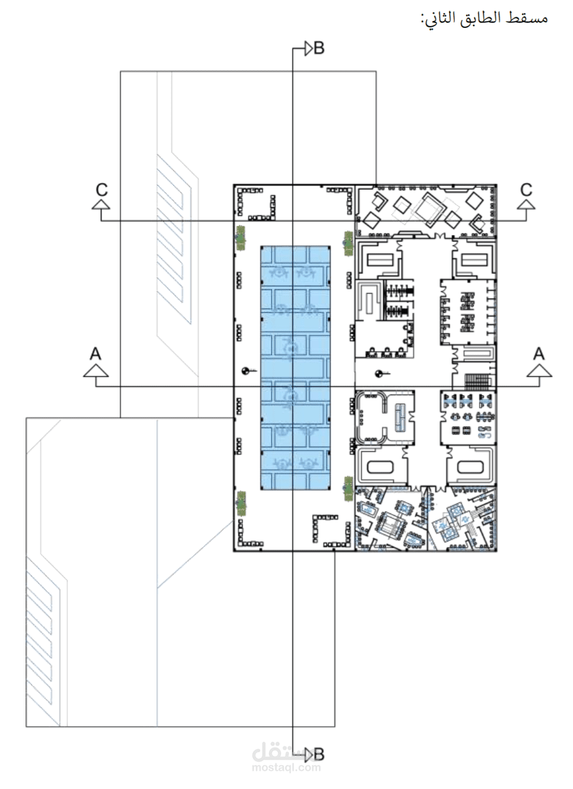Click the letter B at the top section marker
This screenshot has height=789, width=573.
point(319,49)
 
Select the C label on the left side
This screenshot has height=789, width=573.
point(102,190)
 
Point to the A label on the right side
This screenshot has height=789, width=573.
point(539,353)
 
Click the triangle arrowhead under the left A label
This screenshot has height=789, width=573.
point(96,371)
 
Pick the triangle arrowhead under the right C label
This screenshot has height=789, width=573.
point(526,205)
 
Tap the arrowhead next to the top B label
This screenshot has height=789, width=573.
point(308,49)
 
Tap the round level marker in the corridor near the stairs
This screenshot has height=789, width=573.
point(379,373)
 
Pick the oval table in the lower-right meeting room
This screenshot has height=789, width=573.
point(470,467)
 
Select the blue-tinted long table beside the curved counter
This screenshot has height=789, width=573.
point(400,418)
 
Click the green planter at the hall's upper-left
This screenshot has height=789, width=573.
point(241,238)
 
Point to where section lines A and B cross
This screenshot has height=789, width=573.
point(292,387)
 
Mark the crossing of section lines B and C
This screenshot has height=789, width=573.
point(292,221)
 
